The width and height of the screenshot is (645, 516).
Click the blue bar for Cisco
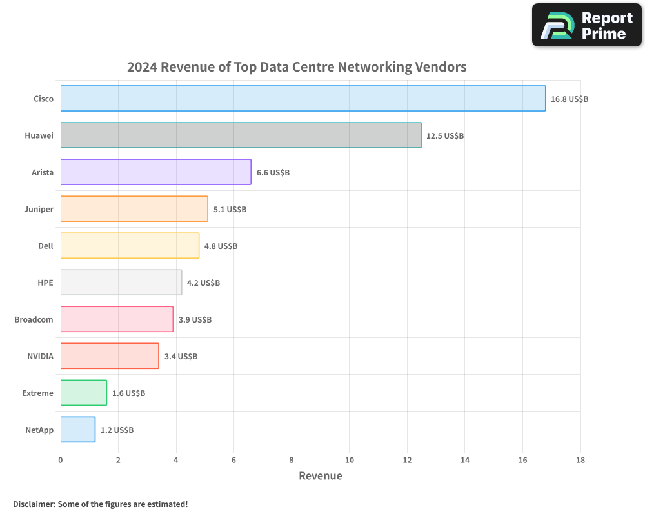(x=303, y=99)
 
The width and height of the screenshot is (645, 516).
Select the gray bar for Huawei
(x=241, y=135)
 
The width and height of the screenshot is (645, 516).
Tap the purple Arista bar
(x=155, y=172)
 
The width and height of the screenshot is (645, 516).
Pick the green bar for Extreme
(x=84, y=393)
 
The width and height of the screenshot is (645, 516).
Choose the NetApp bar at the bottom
(x=78, y=430)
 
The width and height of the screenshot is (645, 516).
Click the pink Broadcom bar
(x=117, y=319)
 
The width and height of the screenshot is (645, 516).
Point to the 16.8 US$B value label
(x=569, y=99)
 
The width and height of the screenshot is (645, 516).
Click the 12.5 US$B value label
(x=445, y=136)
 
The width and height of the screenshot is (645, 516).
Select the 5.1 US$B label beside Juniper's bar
(x=230, y=210)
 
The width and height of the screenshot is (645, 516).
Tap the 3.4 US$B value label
(x=181, y=357)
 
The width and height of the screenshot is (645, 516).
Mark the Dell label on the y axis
(x=45, y=246)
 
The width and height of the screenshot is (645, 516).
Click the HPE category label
(x=45, y=283)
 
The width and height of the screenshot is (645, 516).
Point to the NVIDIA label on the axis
(x=40, y=357)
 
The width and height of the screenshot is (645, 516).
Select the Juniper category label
(x=38, y=210)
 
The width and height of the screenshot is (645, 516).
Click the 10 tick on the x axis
(x=349, y=460)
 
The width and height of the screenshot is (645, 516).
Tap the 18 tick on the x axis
(x=580, y=460)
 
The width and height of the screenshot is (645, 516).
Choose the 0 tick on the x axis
(x=61, y=460)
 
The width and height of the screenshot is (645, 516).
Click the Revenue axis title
(x=321, y=476)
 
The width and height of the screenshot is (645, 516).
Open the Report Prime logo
(x=586, y=25)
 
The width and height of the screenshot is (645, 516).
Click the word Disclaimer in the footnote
(x=34, y=504)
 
